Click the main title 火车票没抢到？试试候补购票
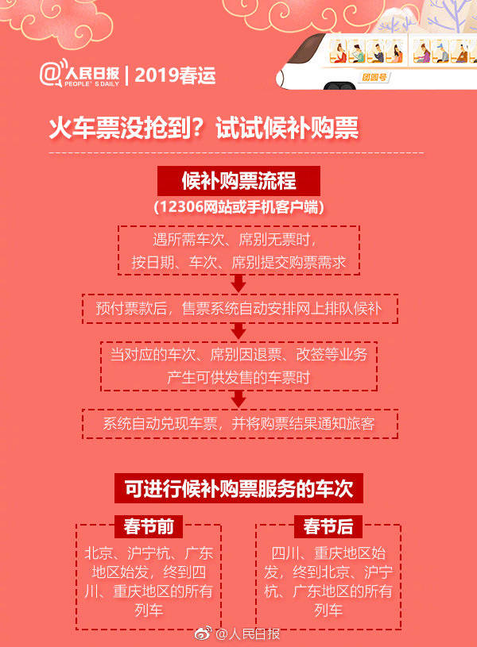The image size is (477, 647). point(204,129)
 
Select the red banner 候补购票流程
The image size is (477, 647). point(238,181)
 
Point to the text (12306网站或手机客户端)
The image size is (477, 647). point(238,206)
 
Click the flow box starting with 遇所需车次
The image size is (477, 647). point(238,250)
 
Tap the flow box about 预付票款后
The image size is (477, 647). point(239,308)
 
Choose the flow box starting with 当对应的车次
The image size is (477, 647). point(238,365)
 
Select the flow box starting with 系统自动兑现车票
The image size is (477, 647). point(238,424)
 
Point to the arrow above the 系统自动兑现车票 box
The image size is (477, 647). point(238,399)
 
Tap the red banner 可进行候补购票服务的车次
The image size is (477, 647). point(238,487)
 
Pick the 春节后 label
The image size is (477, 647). point(328,526)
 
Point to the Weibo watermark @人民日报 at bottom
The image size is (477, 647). point(238,634)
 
